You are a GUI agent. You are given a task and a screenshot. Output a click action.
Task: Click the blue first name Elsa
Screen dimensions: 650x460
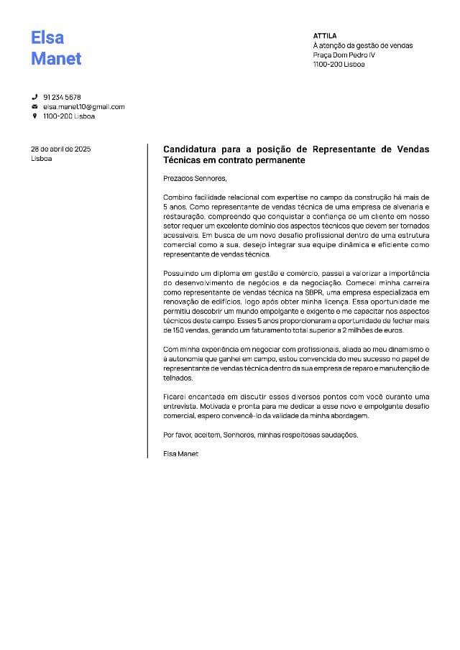47,37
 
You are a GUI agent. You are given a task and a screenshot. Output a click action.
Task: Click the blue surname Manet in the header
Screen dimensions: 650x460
56,59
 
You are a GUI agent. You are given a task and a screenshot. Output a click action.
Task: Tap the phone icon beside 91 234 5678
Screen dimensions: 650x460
34,97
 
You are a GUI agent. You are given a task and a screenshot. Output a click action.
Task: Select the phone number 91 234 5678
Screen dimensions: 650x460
62,97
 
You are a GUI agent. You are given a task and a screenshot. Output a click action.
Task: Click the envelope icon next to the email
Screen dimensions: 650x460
34,106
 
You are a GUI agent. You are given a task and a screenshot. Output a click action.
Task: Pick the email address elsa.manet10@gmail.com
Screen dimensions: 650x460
83,106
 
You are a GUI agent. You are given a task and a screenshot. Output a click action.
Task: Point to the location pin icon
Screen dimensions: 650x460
34,116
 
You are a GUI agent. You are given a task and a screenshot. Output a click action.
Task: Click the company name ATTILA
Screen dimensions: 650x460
325,35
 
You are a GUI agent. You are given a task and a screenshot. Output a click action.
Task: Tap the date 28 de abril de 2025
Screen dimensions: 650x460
60,149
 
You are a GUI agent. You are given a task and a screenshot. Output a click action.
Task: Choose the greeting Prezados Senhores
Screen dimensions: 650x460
195,177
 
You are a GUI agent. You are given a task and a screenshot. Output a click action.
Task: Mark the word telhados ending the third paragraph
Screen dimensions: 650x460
178,377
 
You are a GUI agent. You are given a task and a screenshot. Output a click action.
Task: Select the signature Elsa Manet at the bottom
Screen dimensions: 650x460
180,453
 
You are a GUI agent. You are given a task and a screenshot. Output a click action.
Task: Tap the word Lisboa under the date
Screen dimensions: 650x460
41,158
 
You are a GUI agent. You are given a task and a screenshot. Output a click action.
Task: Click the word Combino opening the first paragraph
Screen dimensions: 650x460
178,197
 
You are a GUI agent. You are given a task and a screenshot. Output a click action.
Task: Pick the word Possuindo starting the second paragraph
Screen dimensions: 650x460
180,274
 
